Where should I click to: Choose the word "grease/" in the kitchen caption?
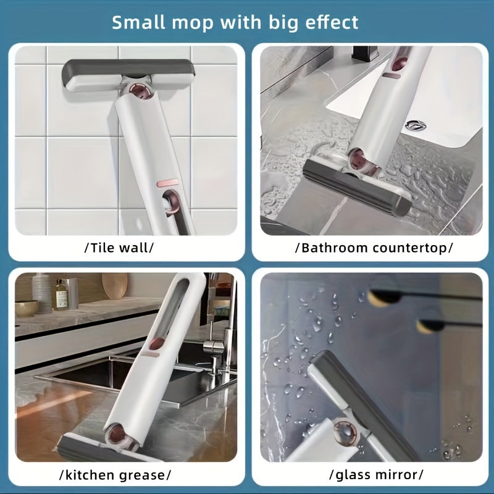tap(148, 475)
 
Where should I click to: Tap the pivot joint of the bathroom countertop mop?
tap(358, 161)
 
